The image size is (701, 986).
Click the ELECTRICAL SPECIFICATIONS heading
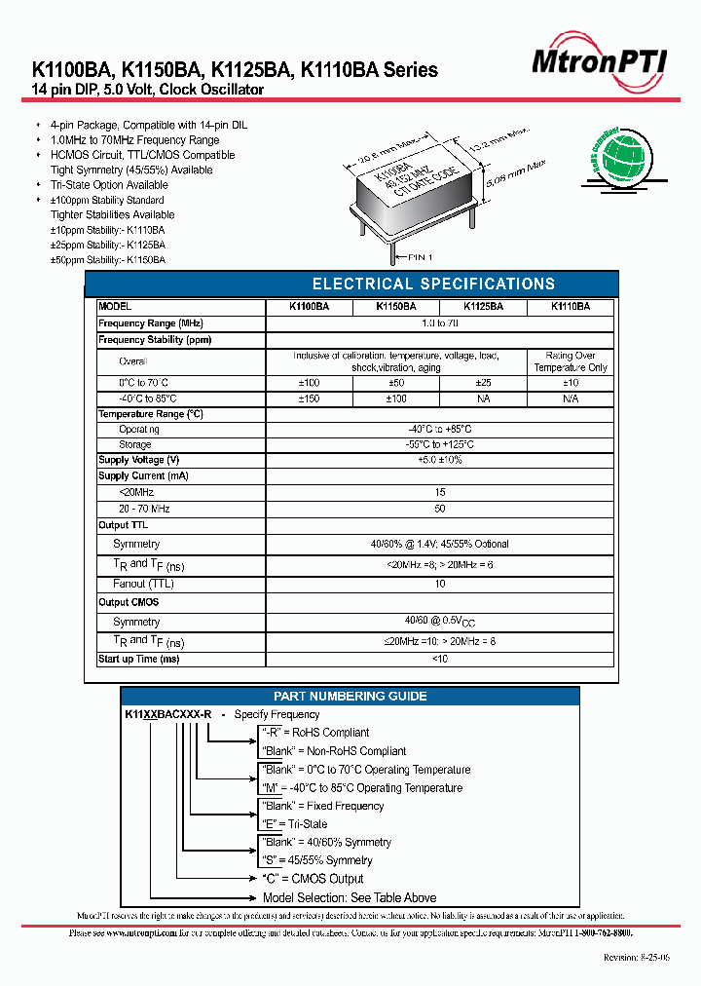tap(433, 284)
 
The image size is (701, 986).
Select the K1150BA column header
tap(396, 306)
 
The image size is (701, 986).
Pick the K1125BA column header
tap(483, 306)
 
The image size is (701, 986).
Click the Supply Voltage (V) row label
tap(139, 460)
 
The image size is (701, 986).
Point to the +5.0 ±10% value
tap(440, 460)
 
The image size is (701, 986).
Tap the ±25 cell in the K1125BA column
tap(483, 384)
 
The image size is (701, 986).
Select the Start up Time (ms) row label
tap(139, 660)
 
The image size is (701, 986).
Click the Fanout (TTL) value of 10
tap(440, 584)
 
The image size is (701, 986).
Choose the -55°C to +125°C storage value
tap(440, 444)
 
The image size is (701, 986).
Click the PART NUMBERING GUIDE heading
tap(350, 697)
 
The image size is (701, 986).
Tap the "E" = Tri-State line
tap(294, 824)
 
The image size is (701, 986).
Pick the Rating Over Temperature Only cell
tap(571, 361)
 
